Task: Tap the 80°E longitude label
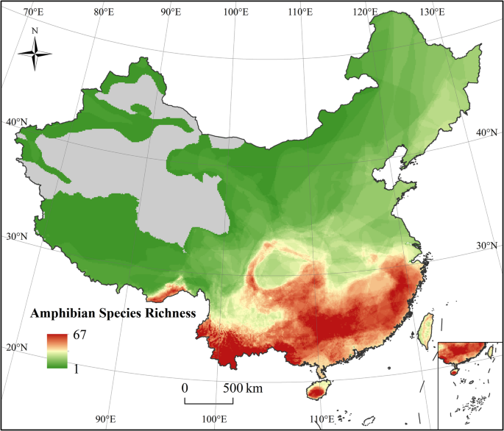[x=104, y=12]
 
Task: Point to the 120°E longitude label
[x=365, y=12]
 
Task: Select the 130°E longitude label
[x=433, y=12]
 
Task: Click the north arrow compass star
[x=35, y=54]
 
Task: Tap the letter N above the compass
[x=35, y=32]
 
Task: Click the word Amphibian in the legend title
[x=60, y=313]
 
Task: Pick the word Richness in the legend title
[x=170, y=313]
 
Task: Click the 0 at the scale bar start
[x=185, y=388]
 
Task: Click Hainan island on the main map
[x=317, y=389]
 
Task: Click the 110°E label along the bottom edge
[x=322, y=420]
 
